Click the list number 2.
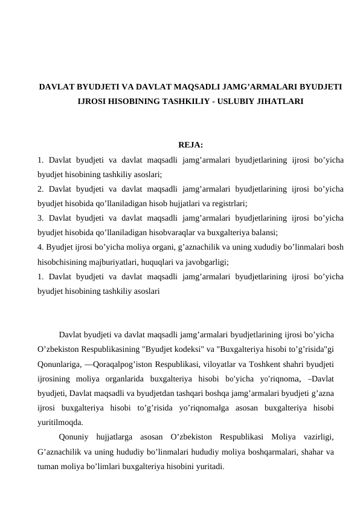39,189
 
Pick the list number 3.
39,218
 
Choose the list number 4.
39,247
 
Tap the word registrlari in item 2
229,204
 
